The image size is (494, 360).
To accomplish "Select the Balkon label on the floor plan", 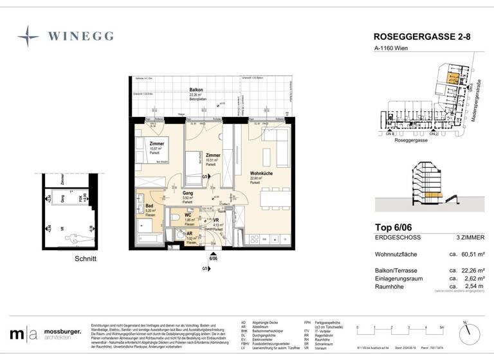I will click(196, 90).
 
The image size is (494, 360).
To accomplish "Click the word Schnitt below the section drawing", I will click(85, 259).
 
